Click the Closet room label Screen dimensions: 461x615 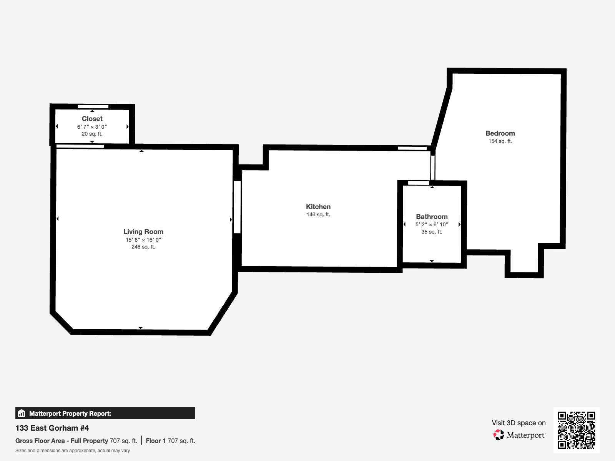92,119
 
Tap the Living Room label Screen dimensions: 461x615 143,232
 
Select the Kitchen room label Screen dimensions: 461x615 318,207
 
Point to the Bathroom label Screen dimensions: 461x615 432,217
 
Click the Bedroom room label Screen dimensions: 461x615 500,133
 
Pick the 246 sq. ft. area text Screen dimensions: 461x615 143,247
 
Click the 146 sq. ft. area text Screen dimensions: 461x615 318,215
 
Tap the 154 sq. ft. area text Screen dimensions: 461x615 500,141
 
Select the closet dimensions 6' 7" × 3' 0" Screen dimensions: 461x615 92,127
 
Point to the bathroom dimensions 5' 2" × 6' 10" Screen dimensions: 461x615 432,224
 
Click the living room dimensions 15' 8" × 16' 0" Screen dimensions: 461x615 143,240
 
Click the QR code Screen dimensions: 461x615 576,430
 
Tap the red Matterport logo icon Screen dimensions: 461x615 499,434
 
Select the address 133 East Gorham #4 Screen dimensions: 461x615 52,428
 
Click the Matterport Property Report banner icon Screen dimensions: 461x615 22,413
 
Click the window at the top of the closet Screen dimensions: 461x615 93,107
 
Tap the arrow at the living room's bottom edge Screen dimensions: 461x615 141,328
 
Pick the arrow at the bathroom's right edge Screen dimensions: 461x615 459,224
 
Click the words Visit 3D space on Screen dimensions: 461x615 518,423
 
